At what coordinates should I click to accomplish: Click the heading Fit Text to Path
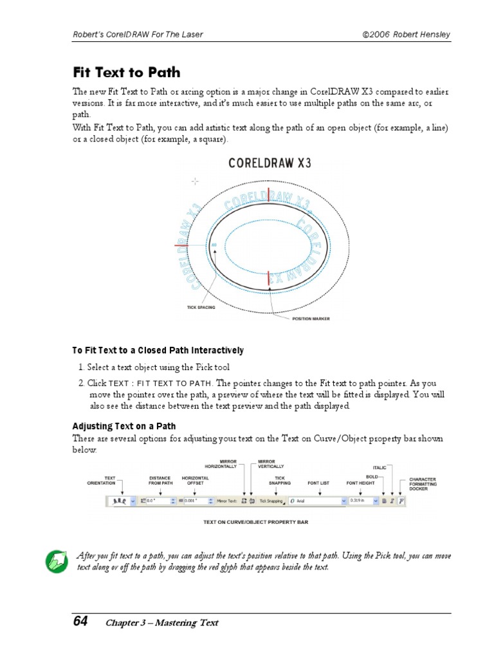tap(126, 72)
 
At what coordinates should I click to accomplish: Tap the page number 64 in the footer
tap(80, 621)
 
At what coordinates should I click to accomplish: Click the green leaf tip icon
tap(57, 562)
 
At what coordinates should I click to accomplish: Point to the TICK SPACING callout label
tap(201, 308)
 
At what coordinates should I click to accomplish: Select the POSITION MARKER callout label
tap(311, 319)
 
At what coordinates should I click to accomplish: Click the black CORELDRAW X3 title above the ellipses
tap(270, 163)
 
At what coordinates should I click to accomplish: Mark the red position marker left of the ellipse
tap(181, 245)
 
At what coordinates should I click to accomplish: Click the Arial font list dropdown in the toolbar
tap(316, 500)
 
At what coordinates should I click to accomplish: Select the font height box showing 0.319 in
tap(362, 500)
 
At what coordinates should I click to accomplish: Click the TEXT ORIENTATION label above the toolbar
tap(110, 480)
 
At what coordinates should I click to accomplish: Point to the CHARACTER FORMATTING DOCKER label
tap(423, 484)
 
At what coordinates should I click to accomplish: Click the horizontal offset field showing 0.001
tap(196, 500)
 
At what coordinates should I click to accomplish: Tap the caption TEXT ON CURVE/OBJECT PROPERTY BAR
tap(255, 522)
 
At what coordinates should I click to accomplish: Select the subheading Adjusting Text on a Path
tap(123, 426)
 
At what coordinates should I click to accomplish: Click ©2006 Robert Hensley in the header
tap(406, 34)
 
